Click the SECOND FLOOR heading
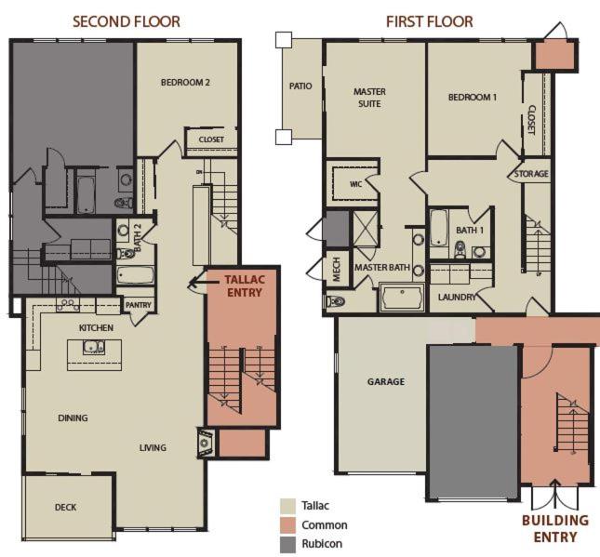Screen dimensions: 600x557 coord(127,21)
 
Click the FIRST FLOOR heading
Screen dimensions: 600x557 coord(430,21)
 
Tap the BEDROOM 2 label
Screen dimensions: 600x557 coord(185,82)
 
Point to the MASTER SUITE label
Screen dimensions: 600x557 coord(369,98)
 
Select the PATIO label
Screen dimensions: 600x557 coord(300,86)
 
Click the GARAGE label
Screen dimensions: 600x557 coord(386,381)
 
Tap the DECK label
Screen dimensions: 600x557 coord(65,508)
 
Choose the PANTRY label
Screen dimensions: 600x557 coord(139,305)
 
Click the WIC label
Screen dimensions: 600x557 coord(356,184)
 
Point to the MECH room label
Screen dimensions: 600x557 coord(337,270)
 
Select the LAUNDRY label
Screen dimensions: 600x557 coord(457,297)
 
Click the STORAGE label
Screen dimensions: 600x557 coord(531,174)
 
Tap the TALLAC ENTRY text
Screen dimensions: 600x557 coord(245,285)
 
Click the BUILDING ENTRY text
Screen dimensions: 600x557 coord(555,528)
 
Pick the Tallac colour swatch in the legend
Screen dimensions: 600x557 coord(287,506)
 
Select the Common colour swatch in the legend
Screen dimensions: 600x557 coord(287,525)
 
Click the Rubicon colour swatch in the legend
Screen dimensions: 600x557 coord(287,544)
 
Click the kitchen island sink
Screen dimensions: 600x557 coord(94,347)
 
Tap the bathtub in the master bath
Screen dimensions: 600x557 coord(402,298)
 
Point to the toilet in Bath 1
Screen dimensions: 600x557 coord(460,249)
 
